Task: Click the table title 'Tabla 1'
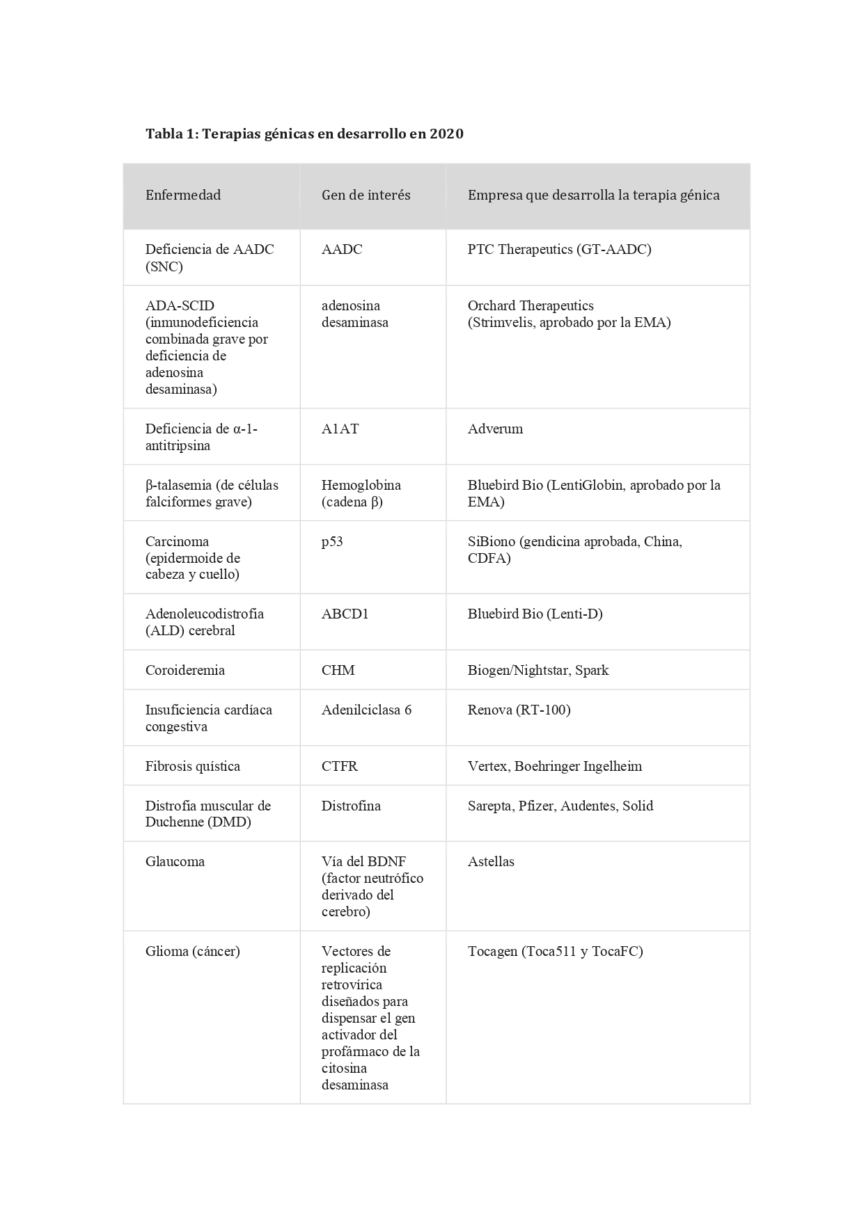171,134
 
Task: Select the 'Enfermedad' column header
183,195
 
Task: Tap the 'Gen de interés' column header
366,195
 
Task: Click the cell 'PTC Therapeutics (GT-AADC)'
559,249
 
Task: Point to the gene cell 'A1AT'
340,429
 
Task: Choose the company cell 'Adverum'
495,429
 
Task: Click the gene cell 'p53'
332,541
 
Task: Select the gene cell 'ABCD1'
345,614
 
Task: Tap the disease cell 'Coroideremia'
184,670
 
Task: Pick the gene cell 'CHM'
338,670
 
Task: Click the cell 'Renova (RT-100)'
519,710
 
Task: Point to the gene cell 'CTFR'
339,766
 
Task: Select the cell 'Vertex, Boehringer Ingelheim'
554,766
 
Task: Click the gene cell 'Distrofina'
351,806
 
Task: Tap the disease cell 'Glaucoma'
175,861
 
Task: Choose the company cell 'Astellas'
491,861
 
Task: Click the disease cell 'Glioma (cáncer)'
192,951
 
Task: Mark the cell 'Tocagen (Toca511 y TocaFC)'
555,951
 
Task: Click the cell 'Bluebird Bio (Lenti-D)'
535,614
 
